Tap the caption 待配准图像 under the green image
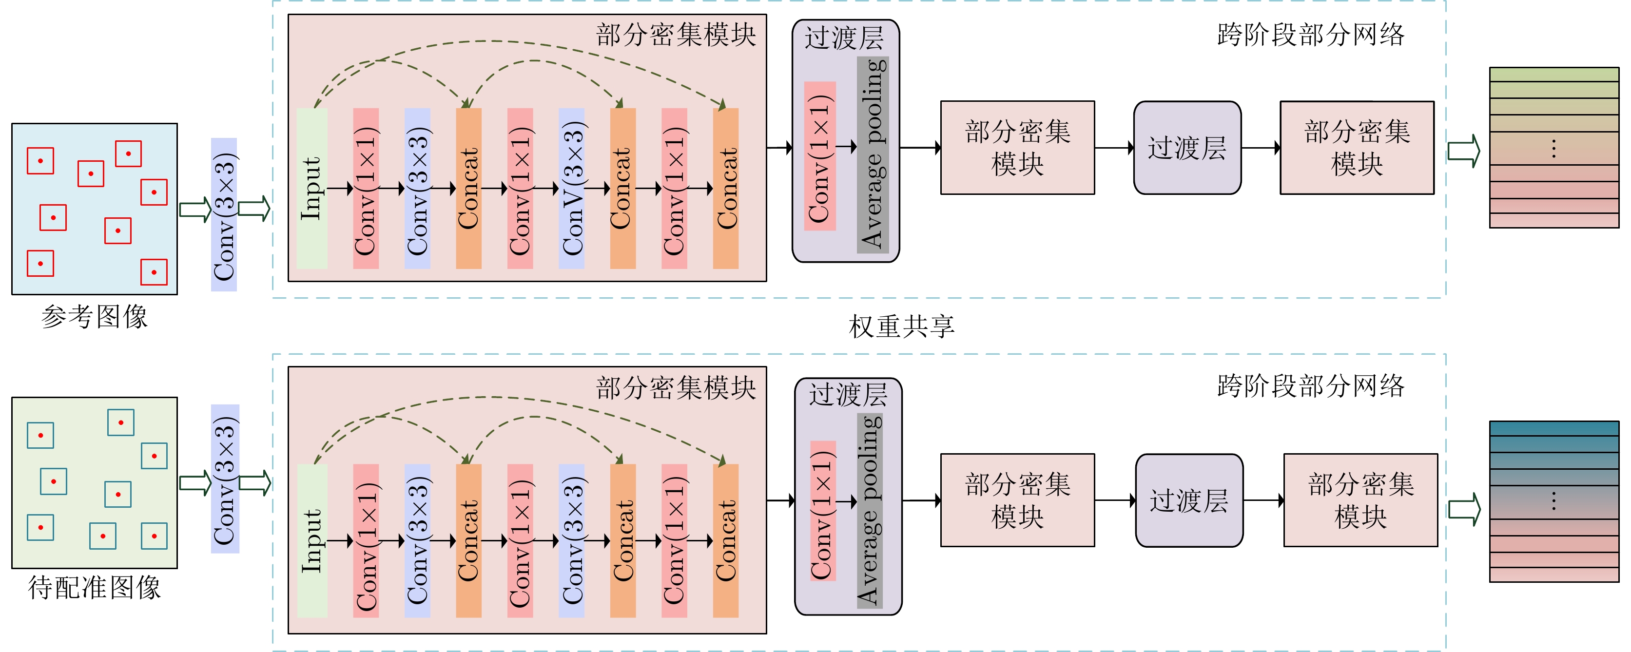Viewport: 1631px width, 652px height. click(x=95, y=587)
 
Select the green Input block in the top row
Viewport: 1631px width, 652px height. click(x=312, y=188)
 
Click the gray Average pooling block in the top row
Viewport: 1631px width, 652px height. click(x=873, y=154)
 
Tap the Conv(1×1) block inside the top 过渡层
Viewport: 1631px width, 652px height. click(x=820, y=156)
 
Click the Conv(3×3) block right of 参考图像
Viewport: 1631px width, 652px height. click(x=224, y=214)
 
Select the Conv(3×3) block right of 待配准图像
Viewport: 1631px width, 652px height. click(x=225, y=479)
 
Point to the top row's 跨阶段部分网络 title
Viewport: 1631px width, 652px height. click(x=1311, y=35)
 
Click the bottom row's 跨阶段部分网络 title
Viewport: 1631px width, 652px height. click(x=1311, y=386)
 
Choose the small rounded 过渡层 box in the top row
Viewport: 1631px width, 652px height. click(x=1187, y=148)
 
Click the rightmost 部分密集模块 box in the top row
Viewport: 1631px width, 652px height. click(x=1357, y=148)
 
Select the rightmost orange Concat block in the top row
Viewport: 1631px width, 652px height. click(x=726, y=188)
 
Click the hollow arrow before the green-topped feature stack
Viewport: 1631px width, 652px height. click(x=1464, y=151)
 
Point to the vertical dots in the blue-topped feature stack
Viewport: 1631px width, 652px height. click(x=1554, y=501)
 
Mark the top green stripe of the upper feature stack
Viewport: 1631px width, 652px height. click(x=1554, y=74)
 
